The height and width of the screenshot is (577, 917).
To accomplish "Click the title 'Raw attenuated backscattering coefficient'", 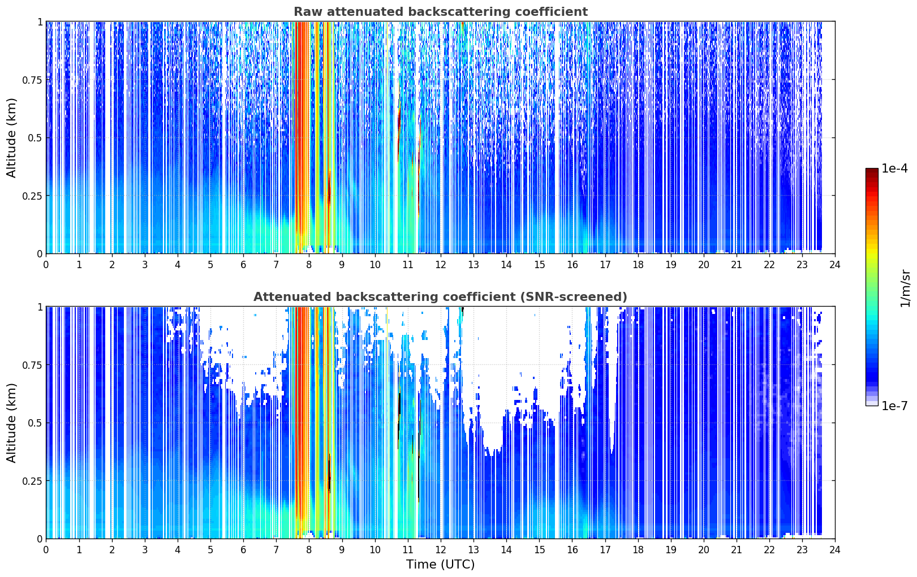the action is tap(441, 11).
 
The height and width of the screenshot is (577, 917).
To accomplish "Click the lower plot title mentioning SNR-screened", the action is tap(441, 296).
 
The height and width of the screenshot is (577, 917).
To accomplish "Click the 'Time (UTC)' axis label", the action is tap(441, 565).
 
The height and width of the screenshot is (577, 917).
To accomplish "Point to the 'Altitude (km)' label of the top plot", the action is tap(11, 138).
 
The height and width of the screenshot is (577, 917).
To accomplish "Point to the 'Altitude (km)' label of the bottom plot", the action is tap(11, 423).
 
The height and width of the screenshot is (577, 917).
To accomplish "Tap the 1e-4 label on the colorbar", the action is tap(894, 168).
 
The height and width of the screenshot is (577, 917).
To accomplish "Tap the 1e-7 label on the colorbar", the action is tap(894, 406).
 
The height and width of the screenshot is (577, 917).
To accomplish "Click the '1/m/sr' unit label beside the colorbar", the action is tap(905, 288).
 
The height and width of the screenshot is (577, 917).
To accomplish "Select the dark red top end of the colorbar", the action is tap(872, 171).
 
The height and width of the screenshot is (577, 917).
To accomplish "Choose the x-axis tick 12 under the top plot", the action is tap(441, 265).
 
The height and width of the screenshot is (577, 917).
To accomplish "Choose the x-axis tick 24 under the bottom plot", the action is tap(835, 550).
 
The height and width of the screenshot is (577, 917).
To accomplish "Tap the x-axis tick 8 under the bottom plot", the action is tap(309, 550).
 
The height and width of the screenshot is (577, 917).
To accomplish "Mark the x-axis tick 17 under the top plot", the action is tap(605, 265).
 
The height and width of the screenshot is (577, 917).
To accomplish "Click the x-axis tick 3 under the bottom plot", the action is tap(144, 550).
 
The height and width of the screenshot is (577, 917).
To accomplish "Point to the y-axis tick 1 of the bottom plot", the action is tap(40, 307).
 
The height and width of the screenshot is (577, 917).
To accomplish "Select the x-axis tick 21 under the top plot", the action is tap(737, 265).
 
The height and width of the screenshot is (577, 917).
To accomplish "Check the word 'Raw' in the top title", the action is tap(308, 11).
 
